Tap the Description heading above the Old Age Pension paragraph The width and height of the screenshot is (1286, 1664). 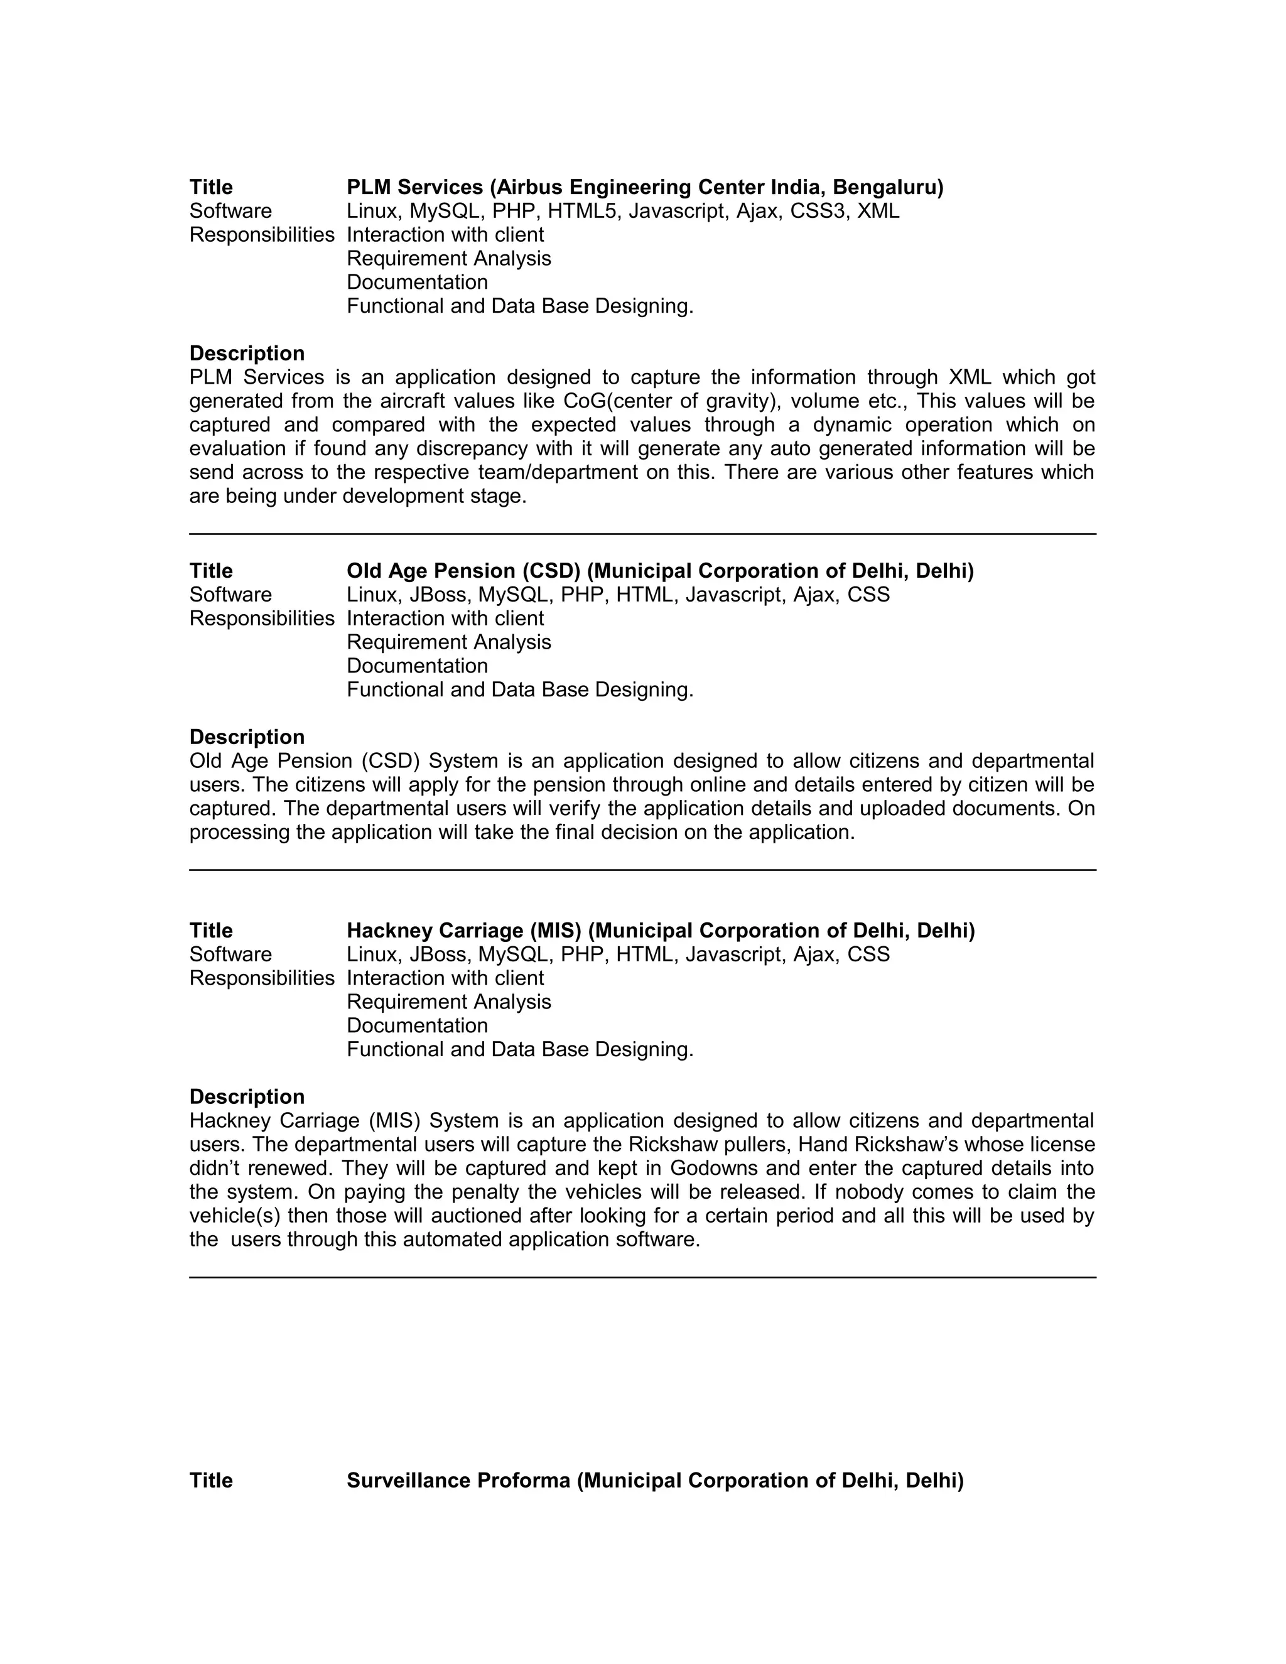coord(247,738)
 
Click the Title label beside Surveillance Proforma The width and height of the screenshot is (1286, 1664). coord(211,1481)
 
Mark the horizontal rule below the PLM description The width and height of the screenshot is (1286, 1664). coord(642,534)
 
